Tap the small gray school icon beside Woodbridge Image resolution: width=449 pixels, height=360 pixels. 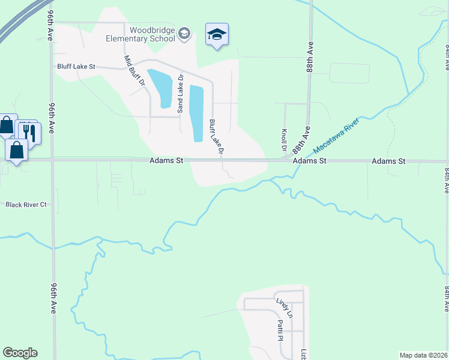[184, 34]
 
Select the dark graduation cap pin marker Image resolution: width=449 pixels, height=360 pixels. [216, 35]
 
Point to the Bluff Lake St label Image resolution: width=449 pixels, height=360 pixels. [76, 67]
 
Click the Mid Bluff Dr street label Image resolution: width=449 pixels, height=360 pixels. [134, 70]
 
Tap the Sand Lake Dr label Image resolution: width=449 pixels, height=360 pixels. [179, 93]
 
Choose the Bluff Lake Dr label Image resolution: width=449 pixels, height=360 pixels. [216, 137]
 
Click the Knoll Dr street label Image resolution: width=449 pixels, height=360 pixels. [283, 140]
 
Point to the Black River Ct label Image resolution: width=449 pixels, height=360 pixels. [26, 205]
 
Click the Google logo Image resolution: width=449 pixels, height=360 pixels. [20, 353]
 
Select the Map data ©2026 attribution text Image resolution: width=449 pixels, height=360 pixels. [423, 355]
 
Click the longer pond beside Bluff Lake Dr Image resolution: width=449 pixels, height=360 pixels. [197, 113]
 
